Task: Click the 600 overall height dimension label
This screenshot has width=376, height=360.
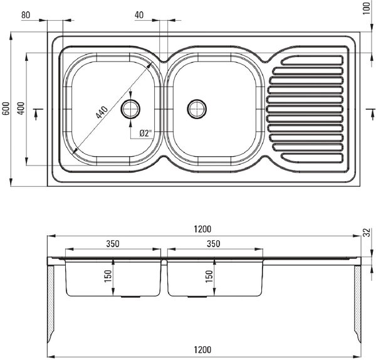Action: pos(6,109)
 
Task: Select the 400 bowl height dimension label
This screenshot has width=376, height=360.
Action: pos(21,109)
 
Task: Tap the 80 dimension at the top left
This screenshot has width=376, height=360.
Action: pos(26,15)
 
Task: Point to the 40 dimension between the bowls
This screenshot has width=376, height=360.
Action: pos(139,15)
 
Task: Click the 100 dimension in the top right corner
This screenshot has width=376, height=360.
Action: pos(367,8)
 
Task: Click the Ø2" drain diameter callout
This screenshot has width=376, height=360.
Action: pos(146,133)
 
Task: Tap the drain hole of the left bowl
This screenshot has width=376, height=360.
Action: pos(130,109)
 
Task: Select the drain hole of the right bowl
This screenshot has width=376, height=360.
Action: pos(197,109)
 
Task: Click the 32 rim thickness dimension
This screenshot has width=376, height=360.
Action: pos(367,233)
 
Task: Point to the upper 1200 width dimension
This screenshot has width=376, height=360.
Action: pos(202,229)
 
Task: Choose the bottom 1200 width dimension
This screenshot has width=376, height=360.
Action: pos(202,350)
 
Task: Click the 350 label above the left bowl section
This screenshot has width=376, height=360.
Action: pos(113,244)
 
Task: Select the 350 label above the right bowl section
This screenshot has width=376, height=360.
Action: pos(214,244)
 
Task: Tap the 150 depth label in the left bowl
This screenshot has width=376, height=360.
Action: pos(108,276)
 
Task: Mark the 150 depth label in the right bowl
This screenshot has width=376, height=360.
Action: pos(209,276)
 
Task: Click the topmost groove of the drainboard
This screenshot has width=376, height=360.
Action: pos(312,60)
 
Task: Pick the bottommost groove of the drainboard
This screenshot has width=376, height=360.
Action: pos(312,158)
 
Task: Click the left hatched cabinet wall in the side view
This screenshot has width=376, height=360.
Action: pos(51,303)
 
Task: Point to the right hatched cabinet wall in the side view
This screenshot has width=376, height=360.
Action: pos(358,303)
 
